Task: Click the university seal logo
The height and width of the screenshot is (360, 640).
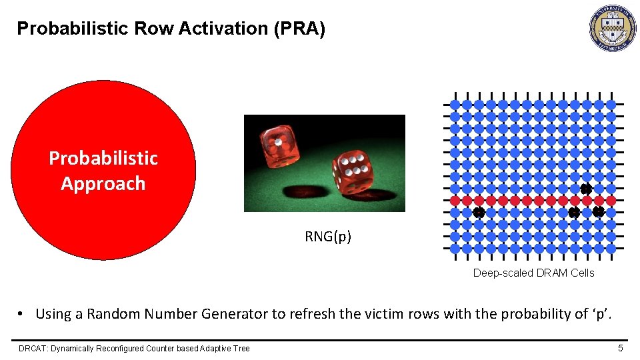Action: (613, 29)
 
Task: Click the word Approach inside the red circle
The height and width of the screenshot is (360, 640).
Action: (103, 183)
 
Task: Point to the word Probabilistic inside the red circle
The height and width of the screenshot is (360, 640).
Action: (103, 158)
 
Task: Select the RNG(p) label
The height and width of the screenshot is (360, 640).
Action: (328, 237)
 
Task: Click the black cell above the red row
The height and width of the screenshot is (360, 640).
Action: (586, 189)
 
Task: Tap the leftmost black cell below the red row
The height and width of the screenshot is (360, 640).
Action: (479, 213)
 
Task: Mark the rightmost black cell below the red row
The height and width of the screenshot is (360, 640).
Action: (598, 212)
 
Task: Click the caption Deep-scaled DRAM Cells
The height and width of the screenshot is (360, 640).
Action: (533, 273)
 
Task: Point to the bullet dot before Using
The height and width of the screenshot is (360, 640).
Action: (21, 314)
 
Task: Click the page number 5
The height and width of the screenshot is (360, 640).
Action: (620, 348)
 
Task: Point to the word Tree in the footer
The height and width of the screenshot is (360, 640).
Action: (241, 348)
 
